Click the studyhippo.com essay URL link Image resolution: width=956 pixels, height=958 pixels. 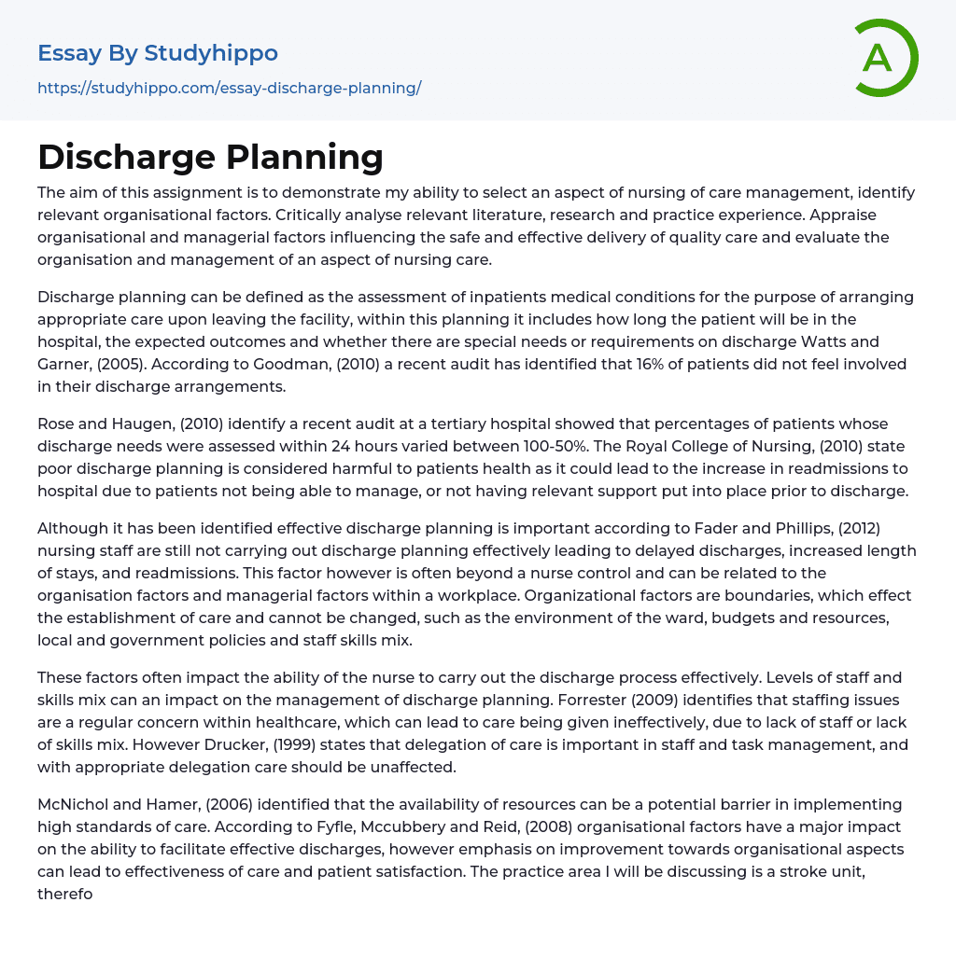[x=229, y=88]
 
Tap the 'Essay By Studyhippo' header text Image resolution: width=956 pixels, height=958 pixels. [x=158, y=53]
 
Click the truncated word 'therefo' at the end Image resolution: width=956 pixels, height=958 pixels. [x=65, y=895]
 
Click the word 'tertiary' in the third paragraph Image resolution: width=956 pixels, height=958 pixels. [x=444, y=423]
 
